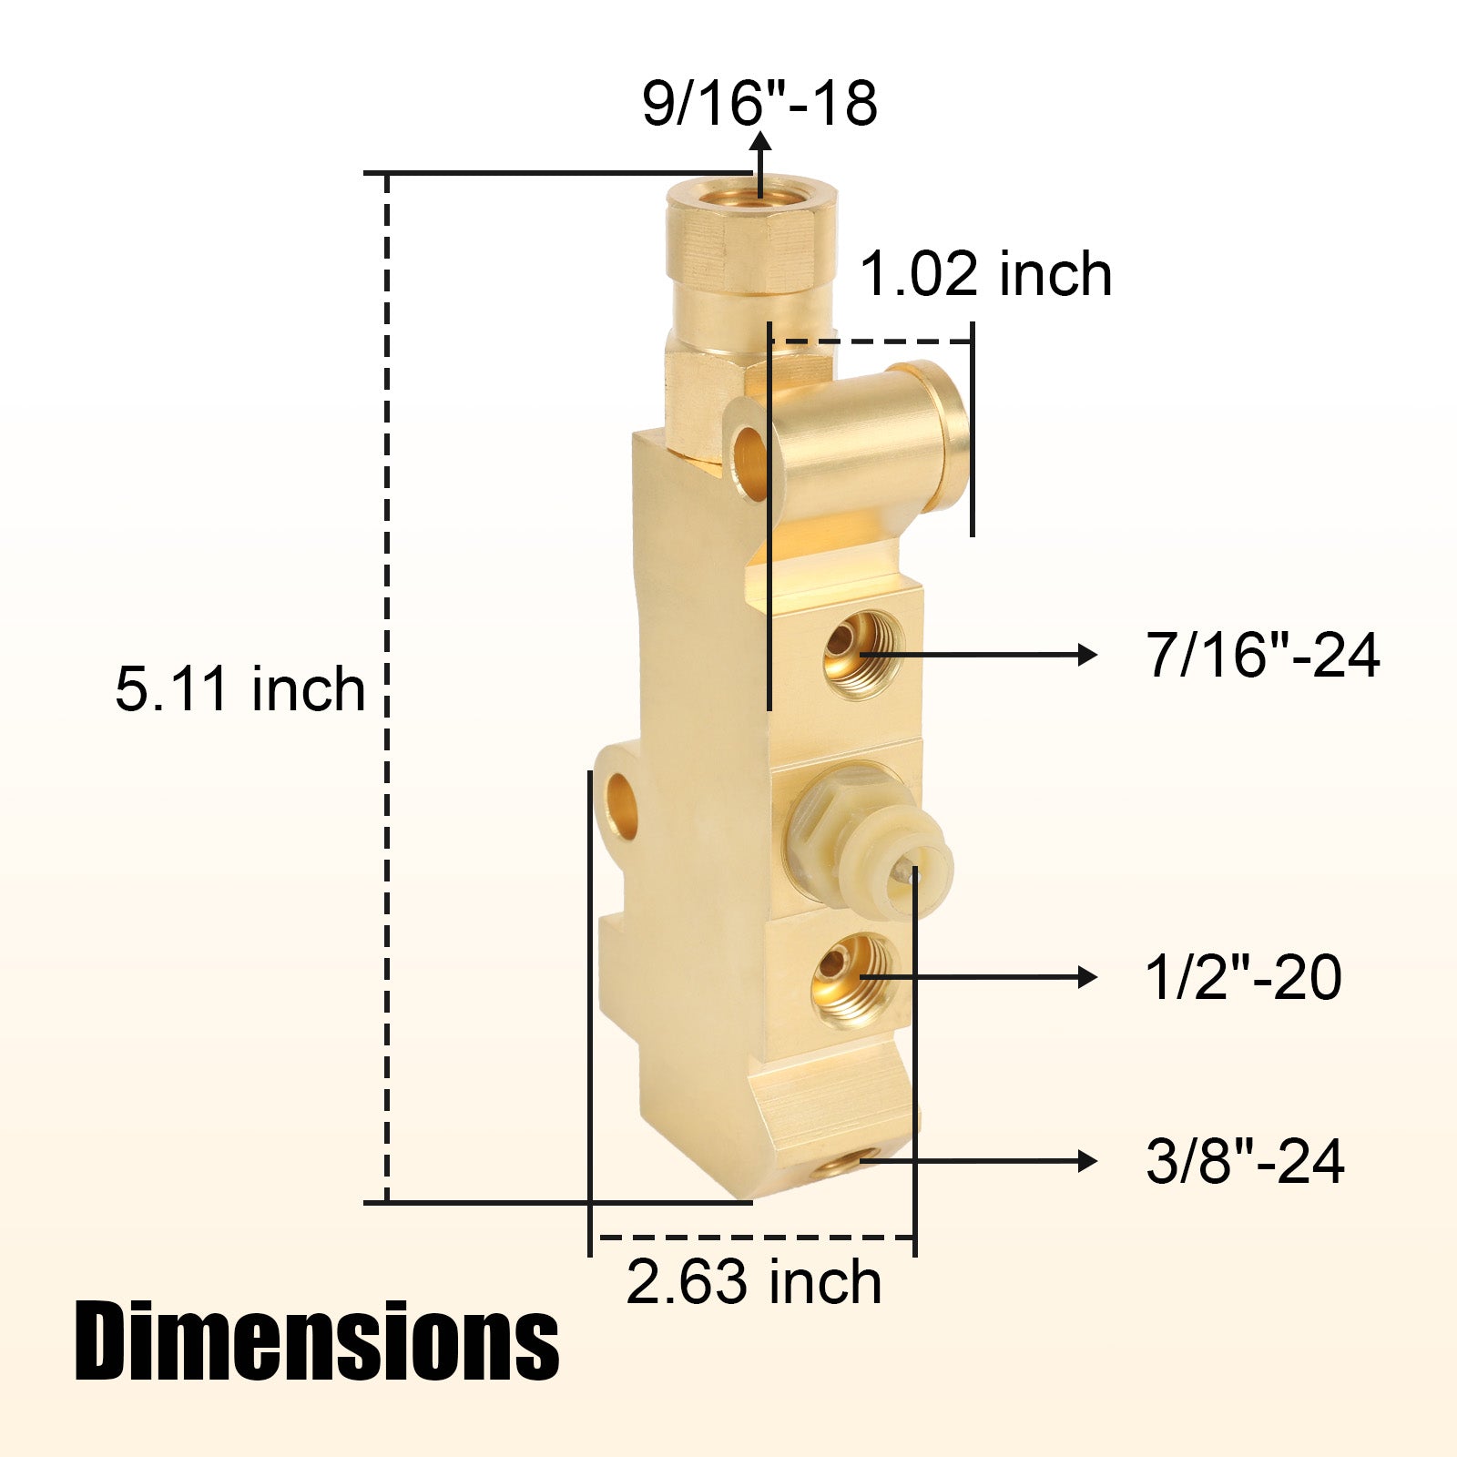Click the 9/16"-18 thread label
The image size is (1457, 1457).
click(x=759, y=103)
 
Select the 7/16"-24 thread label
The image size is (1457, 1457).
click(x=1263, y=655)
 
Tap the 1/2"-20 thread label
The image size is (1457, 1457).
click(x=1243, y=978)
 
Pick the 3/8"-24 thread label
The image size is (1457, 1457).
click(x=1245, y=1161)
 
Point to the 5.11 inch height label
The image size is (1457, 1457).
click(x=240, y=688)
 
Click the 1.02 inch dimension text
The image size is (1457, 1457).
click(x=986, y=274)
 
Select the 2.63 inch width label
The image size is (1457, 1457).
click(x=754, y=1282)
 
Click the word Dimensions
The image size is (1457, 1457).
click(x=317, y=1341)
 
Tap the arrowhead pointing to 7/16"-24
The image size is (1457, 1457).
click(x=1087, y=655)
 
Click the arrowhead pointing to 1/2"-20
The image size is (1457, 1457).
click(x=1087, y=978)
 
